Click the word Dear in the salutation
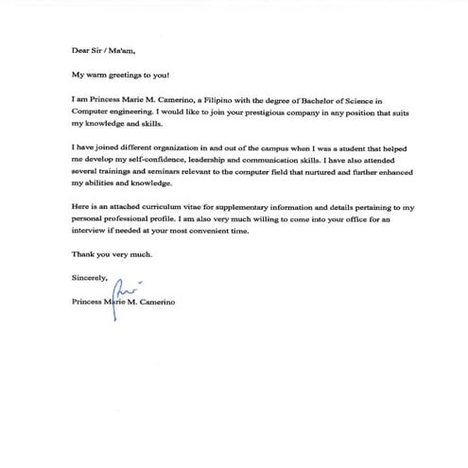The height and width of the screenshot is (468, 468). pos(81,52)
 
